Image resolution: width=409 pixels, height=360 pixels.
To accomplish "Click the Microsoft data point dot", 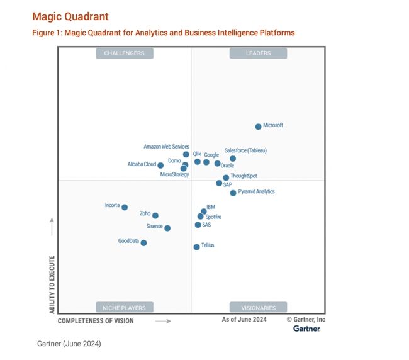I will pos(258,127).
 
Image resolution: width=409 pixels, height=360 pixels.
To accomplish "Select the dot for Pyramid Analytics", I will pos(233,193).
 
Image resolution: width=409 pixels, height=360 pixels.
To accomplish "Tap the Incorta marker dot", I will pos(125,207).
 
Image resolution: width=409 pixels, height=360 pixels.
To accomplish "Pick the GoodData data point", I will pos(143,243).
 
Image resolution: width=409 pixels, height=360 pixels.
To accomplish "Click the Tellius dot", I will pos(196,247).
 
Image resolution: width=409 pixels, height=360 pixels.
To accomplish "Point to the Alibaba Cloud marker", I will pos(160,166).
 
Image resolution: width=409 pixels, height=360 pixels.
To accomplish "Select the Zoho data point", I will pos(155,216).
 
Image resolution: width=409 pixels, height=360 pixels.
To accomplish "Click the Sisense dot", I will pos(167,228).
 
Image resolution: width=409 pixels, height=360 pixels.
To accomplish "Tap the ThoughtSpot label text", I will pos(244,176).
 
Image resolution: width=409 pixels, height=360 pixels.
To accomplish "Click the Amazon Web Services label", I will pos(166,147).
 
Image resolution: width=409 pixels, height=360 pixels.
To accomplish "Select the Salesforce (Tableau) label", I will pos(245,150).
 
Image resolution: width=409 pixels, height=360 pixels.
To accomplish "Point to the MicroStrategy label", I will pos(174,174).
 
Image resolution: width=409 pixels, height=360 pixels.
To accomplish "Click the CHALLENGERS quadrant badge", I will pos(125,53).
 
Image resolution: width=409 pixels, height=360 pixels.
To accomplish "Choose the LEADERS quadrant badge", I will pos(258,53).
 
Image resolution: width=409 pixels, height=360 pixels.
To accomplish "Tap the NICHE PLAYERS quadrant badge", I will pos(125,308).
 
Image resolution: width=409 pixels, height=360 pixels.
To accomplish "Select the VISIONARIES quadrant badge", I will pos(258,308).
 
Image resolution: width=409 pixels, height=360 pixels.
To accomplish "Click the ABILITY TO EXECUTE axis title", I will pos(52,284).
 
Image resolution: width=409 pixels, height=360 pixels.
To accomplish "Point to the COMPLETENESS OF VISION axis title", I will pos(96,321).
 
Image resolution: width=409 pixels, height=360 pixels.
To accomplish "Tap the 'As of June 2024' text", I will pos(244,320).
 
